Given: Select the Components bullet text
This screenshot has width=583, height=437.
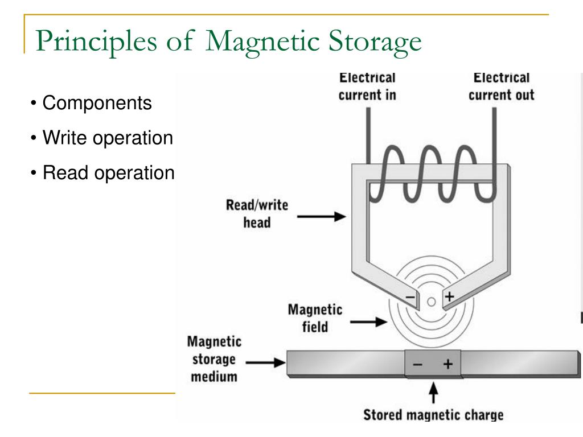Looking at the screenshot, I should pyautogui.click(x=97, y=103).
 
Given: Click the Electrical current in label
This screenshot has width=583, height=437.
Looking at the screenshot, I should pyautogui.click(x=367, y=86).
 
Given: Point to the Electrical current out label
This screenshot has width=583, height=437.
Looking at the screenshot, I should pyautogui.click(x=501, y=86).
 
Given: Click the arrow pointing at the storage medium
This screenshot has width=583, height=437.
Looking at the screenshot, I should pyautogui.click(x=264, y=361).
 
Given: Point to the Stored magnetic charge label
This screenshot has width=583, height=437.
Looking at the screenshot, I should pyautogui.click(x=433, y=414).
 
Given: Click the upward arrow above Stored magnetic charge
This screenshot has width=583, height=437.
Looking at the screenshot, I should pyautogui.click(x=433, y=393).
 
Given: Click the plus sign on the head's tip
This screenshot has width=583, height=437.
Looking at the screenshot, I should pyautogui.click(x=450, y=296).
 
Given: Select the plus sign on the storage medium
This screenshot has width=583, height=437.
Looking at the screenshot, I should pyautogui.click(x=448, y=365).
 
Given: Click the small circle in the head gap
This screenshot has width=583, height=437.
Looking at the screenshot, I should pyautogui.click(x=432, y=300).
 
